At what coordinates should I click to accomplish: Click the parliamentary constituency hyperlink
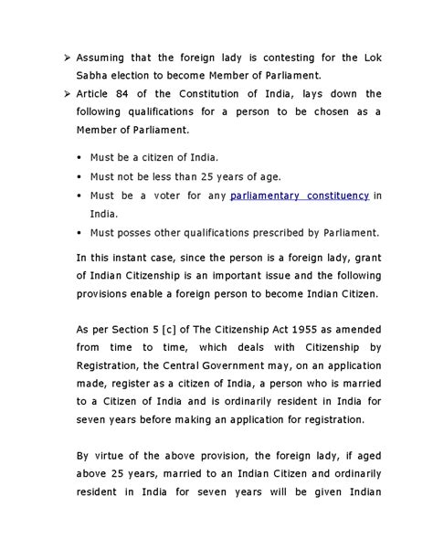pyautogui.click(x=300, y=196)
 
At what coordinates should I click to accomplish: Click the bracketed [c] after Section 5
pyautogui.click(x=146, y=328)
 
